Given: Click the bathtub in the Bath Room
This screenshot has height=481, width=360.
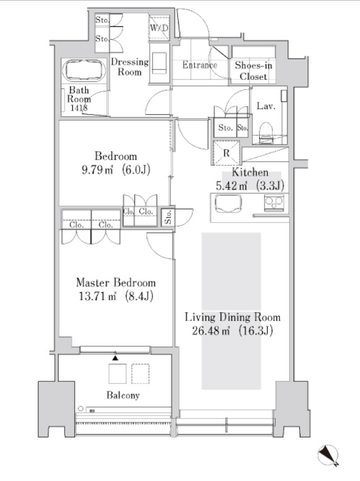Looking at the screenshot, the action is (84, 70).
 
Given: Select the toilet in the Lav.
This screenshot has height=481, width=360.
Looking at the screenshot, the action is (266, 132).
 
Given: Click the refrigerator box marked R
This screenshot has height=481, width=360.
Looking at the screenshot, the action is (226, 153).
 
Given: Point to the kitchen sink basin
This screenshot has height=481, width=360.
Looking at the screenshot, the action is (228, 204).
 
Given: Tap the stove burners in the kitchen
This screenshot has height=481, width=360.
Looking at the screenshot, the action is (274, 203).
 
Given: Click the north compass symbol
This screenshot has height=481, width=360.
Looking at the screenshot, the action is (328, 456).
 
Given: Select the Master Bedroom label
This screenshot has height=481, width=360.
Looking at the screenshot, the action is (116, 282).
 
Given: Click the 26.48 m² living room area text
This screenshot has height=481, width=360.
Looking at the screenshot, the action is (211, 331).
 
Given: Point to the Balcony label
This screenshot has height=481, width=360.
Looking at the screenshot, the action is (123, 395).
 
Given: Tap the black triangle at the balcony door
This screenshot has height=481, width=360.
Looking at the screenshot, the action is (115, 358).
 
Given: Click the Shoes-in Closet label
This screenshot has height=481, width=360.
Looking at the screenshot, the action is (253, 71).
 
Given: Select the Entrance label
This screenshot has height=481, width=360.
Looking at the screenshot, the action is (200, 65).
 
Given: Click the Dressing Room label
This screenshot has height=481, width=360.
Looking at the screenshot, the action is (130, 67).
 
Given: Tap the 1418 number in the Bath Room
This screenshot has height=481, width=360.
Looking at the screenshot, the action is (79, 108).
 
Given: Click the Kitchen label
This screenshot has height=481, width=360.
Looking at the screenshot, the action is (250, 172).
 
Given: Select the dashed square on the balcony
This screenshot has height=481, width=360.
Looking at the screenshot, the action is (141, 374).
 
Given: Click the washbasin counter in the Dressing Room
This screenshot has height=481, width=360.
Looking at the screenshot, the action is (159, 63).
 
